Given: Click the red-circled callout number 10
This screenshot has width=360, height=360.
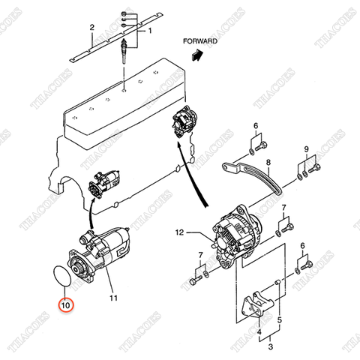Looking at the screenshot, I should (x=65, y=305).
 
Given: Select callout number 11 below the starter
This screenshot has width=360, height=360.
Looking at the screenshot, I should (x=114, y=298).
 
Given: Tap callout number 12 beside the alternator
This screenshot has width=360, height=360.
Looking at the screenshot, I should (x=179, y=232).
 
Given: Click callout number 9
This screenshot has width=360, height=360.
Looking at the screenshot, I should (x=307, y=149).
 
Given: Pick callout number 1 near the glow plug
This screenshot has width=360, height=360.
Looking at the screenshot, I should (x=148, y=31).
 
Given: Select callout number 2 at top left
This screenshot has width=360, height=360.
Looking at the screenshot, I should (x=91, y=27).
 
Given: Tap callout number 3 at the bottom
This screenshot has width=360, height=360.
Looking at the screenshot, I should (x=270, y=346).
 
